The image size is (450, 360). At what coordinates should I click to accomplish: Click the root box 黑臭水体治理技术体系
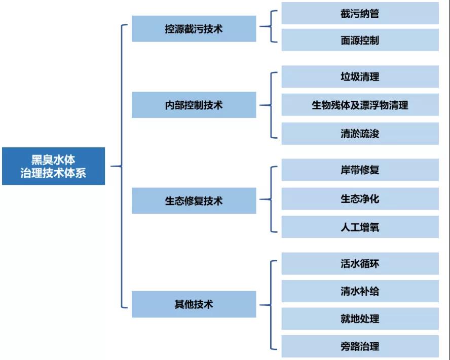[53, 166]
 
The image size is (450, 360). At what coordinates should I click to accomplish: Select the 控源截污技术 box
[194, 29]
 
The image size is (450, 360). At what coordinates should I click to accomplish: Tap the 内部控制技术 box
[194, 105]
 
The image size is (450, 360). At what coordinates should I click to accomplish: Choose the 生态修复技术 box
[194, 201]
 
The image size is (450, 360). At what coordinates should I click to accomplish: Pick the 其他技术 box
[194, 304]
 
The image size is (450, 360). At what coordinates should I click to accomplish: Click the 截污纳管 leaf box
[360, 14]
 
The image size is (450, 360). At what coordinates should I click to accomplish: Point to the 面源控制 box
[360, 40]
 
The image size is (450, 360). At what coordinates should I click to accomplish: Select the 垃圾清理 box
[360, 77]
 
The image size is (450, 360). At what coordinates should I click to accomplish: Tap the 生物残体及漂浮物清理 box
[360, 105]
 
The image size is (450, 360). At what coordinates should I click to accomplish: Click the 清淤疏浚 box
[360, 134]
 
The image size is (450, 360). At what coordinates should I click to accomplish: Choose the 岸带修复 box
[360, 170]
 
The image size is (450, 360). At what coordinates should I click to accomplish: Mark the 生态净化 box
[360, 198]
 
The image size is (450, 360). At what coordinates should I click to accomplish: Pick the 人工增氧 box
[360, 227]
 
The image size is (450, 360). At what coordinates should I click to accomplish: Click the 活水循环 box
[360, 264]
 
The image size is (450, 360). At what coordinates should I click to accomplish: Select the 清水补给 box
[360, 291]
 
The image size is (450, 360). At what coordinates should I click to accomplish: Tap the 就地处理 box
[360, 318]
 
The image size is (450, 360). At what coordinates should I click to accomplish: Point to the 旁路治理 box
[360, 346]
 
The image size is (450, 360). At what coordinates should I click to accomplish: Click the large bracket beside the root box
[122, 166]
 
